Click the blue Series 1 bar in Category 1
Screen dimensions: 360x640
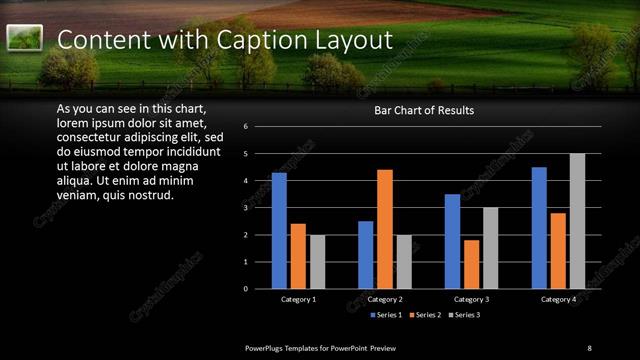279,231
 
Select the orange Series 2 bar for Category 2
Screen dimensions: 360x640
385,229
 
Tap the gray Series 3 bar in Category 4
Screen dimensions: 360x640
577,221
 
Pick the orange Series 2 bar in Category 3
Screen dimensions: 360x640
472,264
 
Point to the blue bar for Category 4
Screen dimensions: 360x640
539,228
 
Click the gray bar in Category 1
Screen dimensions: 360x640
317,262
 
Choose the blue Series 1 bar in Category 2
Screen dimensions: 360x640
366,255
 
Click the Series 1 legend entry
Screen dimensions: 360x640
388,315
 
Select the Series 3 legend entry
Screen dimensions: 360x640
465,315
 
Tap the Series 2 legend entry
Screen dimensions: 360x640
427,315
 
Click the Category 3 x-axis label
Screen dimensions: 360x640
472,299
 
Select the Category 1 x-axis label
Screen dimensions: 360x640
298,299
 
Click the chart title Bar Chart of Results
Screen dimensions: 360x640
424,110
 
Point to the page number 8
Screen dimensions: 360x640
589,347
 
